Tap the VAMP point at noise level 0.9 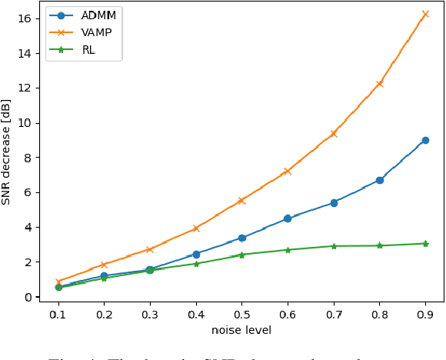[x=425, y=14]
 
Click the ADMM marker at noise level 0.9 [x=425, y=140]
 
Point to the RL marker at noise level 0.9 [x=425, y=243]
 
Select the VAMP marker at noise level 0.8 [x=379, y=83]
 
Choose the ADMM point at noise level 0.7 [x=334, y=202]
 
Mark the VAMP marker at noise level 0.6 [x=288, y=171]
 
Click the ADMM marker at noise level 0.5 [x=241, y=238]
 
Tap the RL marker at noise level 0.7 [x=334, y=246]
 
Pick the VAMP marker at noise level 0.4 [x=196, y=228]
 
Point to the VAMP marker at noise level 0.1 [x=58, y=282]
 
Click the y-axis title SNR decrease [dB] [x=7, y=151]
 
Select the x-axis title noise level [x=241, y=331]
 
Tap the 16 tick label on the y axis [x=25, y=18]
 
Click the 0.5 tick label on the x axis [x=241, y=315]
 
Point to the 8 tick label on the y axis [x=28, y=158]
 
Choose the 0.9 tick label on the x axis [x=425, y=315]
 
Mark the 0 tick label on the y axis [x=28, y=297]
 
